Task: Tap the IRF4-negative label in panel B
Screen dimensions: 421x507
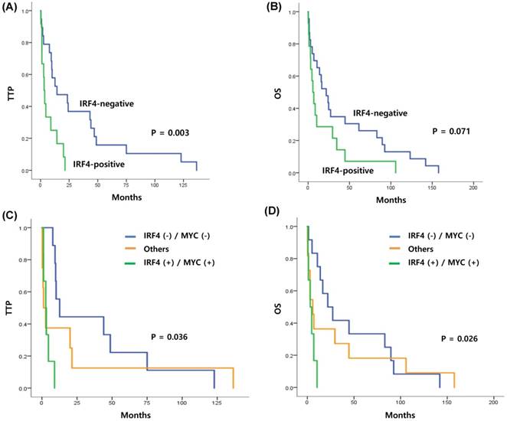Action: (379, 113)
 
